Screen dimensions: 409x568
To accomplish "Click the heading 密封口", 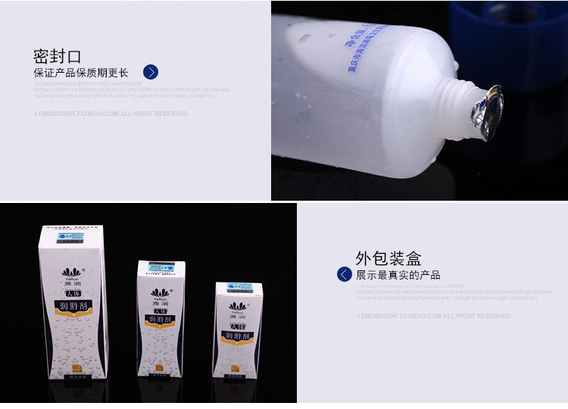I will click(x=57, y=56).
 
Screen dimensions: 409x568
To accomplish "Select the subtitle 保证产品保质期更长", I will click(x=81, y=73).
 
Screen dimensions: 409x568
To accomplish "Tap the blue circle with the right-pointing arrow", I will click(x=151, y=72).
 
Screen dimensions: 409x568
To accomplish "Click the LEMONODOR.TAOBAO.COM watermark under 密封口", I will click(x=111, y=114).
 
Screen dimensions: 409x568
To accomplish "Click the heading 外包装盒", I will click(x=389, y=258).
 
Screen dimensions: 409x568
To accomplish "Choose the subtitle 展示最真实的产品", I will click(x=398, y=275).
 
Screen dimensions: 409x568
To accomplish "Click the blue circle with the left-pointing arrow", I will click(x=345, y=274).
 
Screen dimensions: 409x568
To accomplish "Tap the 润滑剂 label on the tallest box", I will click(x=73, y=308).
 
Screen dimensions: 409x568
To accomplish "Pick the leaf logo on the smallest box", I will click(x=237, y=306).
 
